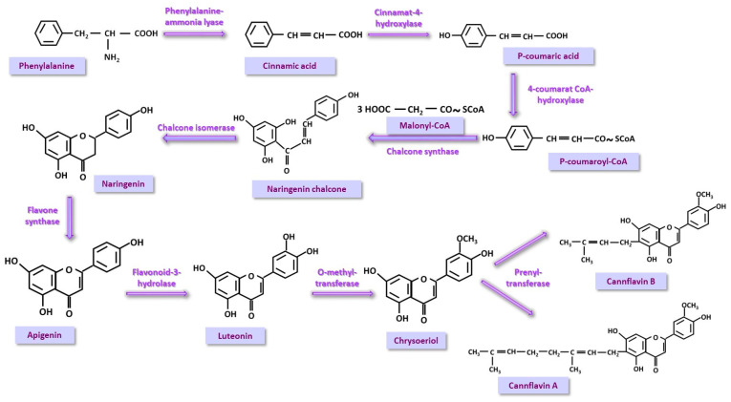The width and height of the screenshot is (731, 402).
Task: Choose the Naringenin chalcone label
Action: tap(307, 189)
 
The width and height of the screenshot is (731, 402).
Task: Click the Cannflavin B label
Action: tap(637, 280)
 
